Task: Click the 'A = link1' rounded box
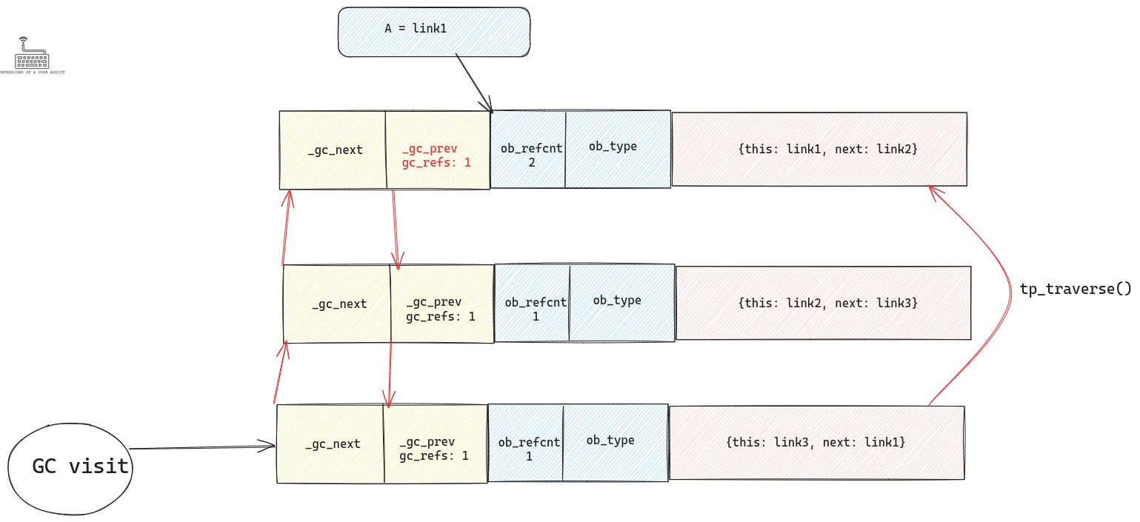tap(434, 32)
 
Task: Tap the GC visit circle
tap(70, 466)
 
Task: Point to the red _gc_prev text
tap(430, 149)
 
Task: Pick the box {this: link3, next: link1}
tap(816, 442)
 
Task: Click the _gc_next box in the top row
tap(333, 150)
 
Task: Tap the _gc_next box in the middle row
tap(337, 304)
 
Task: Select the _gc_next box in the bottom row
tap(330, 444)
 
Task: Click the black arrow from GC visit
tap(200, 447)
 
